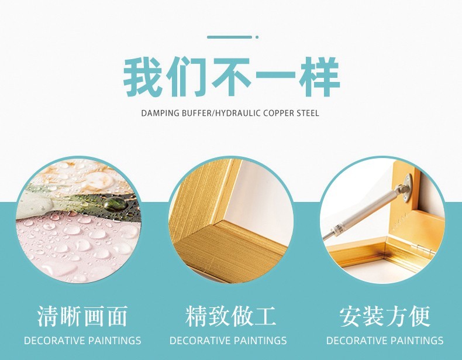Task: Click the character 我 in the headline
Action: [143, 77]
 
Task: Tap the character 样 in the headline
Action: [320, 77]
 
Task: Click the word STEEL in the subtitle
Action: [308, 113]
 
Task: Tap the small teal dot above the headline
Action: [257, 37]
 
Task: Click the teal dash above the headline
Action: [229, 37]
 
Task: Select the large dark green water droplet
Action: [115, 204]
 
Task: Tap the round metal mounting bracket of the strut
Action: [408, 188]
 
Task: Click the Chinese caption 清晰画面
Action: [82, 316]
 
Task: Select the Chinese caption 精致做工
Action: [230, 316]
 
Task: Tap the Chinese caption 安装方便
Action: [385, 316]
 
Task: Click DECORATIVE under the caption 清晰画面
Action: [55, 341]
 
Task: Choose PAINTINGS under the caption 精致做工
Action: [260, 341]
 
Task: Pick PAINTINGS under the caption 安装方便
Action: [417, 341]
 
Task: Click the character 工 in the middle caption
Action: [265, 316]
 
